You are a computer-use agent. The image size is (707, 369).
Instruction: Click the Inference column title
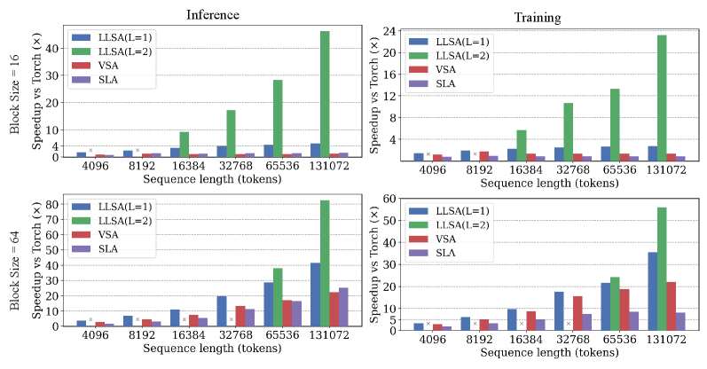click(x=210, y=14)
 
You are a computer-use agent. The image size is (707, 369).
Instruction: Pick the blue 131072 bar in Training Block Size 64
click(x=653, y=290)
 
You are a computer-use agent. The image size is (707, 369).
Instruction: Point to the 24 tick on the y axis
click(x=389, y=30)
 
